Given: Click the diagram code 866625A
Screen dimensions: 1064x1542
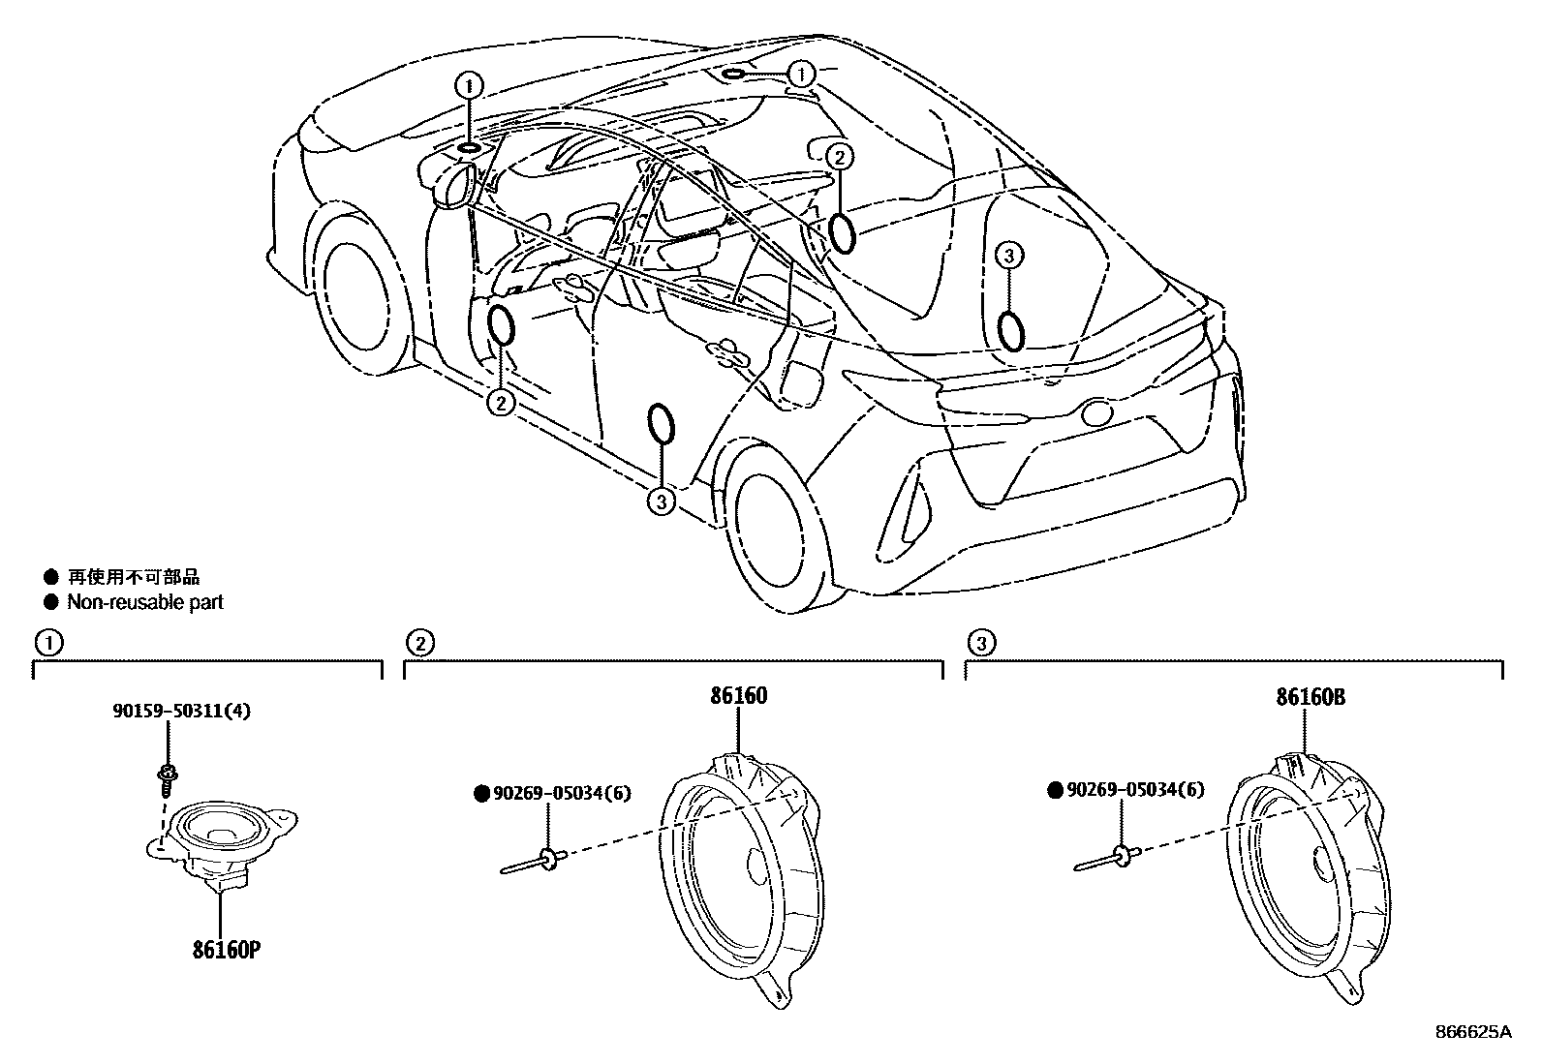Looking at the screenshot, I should [x=1474, y=1032].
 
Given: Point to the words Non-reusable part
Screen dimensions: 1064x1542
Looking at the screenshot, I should [x=144, y=602].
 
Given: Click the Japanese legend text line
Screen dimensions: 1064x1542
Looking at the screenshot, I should [x=133, y=578].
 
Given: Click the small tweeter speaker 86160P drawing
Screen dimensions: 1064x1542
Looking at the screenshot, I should [x=223, y=837].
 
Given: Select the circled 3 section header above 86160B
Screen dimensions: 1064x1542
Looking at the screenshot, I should [x=980, y=642].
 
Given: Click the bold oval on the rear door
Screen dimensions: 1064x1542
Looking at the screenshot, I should [x=662, y=425].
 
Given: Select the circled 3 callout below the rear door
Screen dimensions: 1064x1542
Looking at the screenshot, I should [x=661, y=501].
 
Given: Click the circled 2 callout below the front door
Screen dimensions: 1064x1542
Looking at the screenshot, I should [x=500, y=402].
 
